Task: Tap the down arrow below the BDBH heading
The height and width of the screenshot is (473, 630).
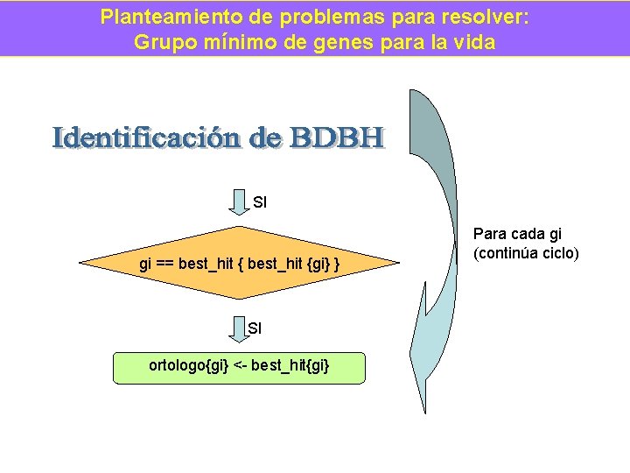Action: (x=239, y=201)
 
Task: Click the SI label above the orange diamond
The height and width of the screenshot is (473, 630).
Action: (x=260, y=203)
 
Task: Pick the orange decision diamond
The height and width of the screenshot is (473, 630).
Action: (x=239, y=263)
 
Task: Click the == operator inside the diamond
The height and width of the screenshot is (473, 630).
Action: (x=164, y=263)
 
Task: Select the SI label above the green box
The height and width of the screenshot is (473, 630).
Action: (x=255, y=329)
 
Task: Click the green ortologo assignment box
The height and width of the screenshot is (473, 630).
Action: (x=239, y=366)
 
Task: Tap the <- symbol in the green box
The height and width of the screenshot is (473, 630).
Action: (x=239, y=365)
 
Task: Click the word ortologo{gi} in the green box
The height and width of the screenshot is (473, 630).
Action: (x=188, y=365)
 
